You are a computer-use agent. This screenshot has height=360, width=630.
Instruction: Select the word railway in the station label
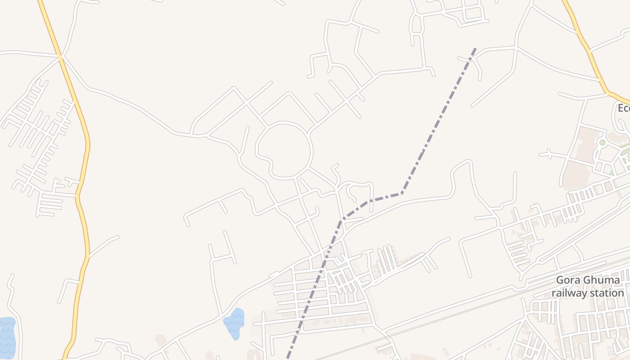[569, 293]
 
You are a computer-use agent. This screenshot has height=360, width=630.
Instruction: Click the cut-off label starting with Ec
[623, 108]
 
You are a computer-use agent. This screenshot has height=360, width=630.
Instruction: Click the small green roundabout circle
[602, 143]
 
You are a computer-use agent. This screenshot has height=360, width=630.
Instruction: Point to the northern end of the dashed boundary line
[475, 48]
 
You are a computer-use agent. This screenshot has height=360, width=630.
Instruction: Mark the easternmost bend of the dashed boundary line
[402, 193]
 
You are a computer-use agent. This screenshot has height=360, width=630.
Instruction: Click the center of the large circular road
[283, 150]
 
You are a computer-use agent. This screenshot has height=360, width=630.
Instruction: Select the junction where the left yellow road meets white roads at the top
[60, 56]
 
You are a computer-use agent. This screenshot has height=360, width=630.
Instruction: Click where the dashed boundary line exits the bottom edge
[288, 358]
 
